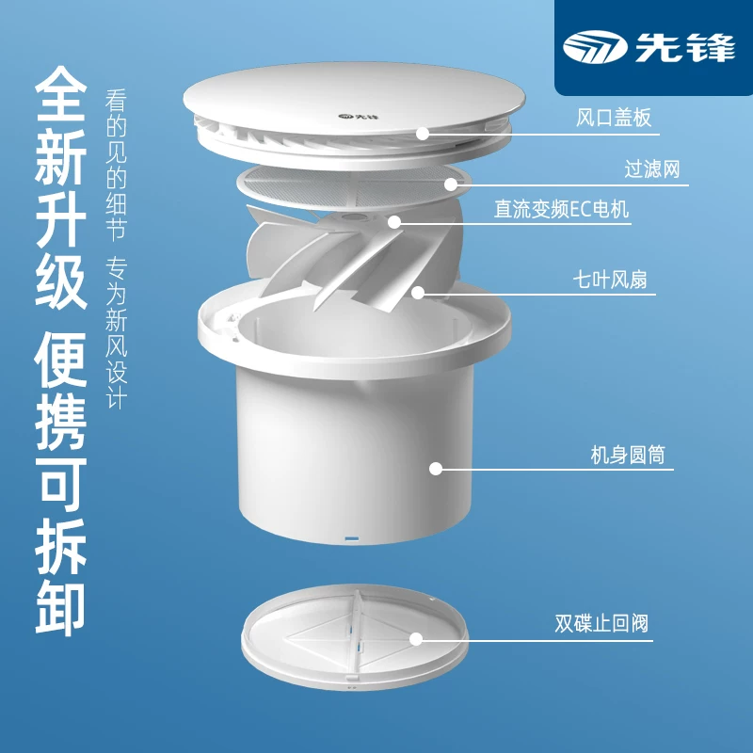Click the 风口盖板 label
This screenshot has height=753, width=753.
tap(614, 118)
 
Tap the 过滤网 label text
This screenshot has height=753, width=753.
tap(652, 169)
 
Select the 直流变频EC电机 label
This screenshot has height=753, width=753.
tap(561, 209)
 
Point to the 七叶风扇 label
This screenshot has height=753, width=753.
tap(610, 280)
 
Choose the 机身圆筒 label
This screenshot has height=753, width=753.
tap(628, 455)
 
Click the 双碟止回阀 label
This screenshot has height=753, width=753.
tap(601, 623)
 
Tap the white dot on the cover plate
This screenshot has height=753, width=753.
tap(423, 134)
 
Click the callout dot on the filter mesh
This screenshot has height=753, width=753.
tap(451, 184)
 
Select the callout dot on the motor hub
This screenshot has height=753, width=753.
tap(394, 222)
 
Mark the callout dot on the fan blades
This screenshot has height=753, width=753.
tap(418, 293)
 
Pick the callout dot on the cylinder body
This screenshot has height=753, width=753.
tap(436, 469)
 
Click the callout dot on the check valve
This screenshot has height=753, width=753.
tap(416, 639)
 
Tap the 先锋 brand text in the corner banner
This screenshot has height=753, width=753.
tap(685, 48)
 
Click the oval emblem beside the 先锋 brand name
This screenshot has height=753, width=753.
tap(596, 48)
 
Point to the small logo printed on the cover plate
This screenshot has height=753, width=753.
tap(352, 116)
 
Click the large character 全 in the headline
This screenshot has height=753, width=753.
tap(61, 94)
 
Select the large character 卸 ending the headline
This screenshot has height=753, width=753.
tap(61, 608)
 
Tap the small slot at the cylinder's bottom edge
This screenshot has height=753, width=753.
tap(351, 538)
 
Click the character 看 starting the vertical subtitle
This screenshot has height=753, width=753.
tap(116, 101)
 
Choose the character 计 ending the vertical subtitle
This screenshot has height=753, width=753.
tap(116, 398)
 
